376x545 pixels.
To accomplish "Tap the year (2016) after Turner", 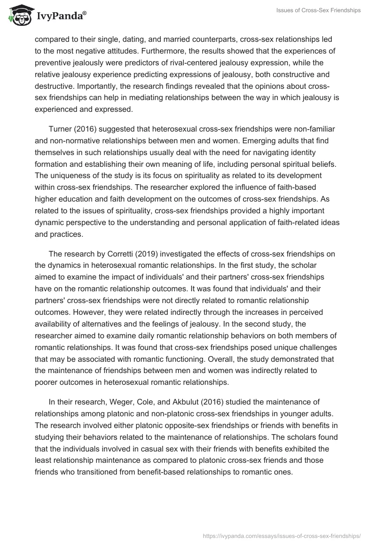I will click(x=87, y=128).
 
